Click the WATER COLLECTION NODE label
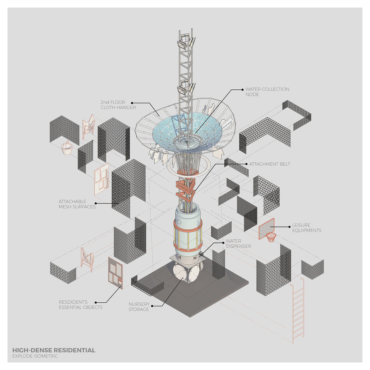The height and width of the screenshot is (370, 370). tap(267, 92)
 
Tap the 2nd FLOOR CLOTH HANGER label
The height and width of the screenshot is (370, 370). tap(118, 105)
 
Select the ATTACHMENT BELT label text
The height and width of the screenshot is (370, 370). tap(269, 164)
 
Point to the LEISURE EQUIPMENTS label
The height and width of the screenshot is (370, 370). tap(307, 227)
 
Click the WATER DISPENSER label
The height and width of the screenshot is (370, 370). tap(238, 243)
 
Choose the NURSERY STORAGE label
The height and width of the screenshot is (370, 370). tap(139, 307)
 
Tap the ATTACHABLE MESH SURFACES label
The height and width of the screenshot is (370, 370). tap(77, 204)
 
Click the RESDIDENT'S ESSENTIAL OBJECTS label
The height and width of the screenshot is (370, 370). tap(80, 305)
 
